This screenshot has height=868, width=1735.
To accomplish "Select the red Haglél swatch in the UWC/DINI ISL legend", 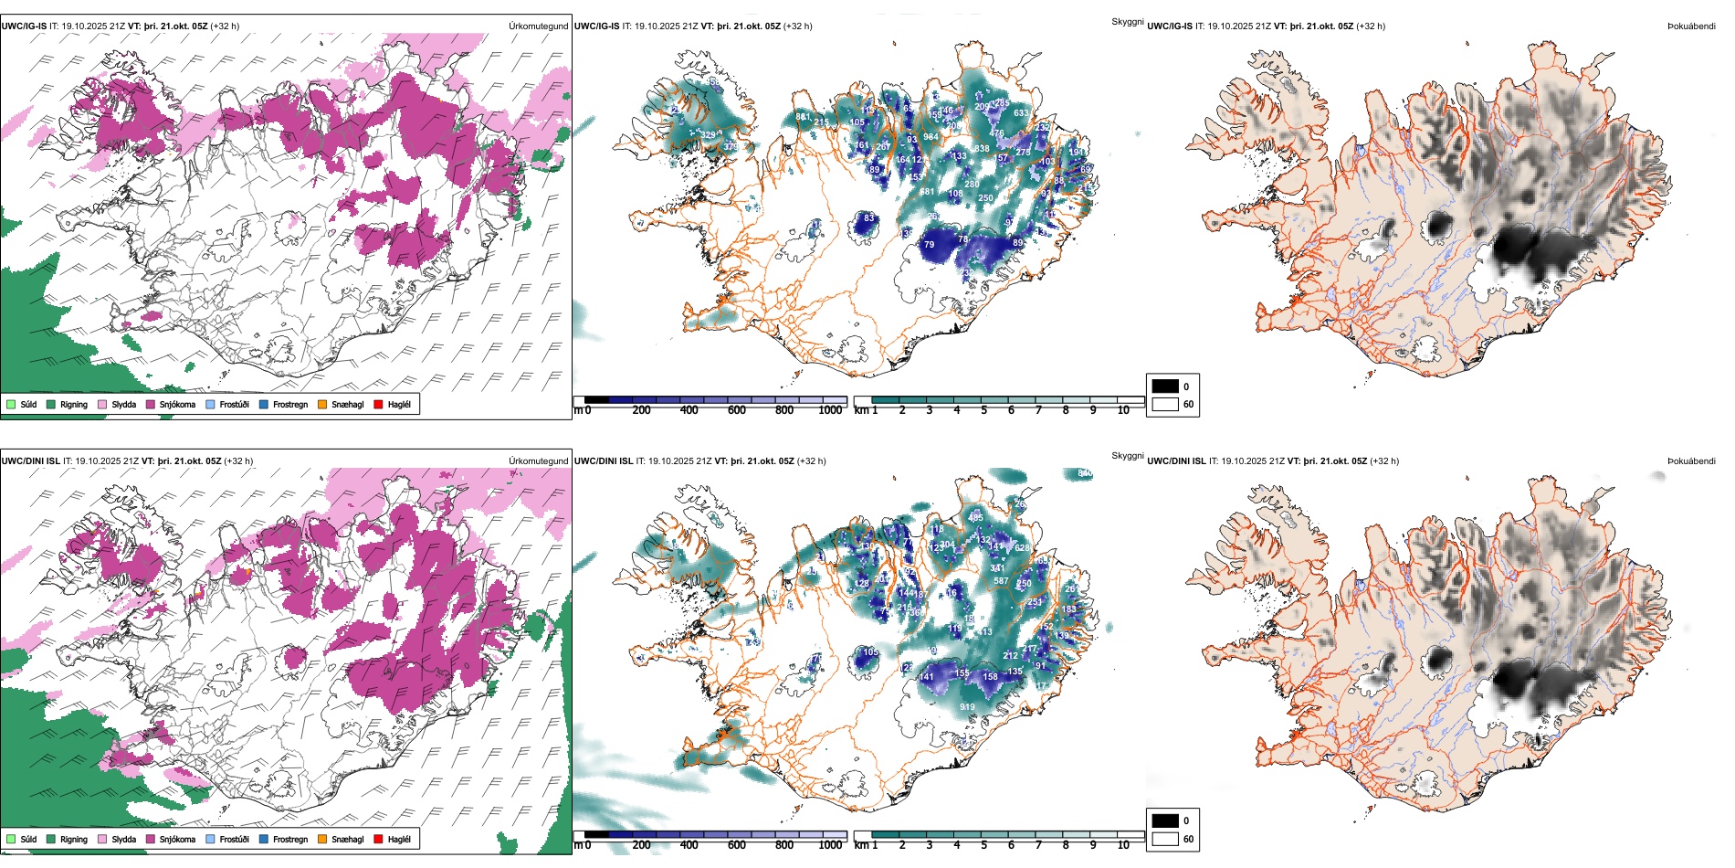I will [378, 839].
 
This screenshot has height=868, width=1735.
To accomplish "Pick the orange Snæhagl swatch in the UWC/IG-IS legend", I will [322, 405].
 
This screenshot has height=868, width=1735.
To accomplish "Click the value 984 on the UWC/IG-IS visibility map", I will [931, 137].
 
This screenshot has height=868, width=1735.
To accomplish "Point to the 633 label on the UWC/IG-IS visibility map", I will [1021, 114].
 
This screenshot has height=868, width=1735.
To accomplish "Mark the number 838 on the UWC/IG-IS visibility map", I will [982, 149].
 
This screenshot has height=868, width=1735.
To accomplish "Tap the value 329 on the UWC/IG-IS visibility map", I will [709, 135].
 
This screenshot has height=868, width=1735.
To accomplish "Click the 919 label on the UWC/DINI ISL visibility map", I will [967, 707].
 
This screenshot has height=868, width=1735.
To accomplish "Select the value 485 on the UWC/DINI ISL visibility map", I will [975, 518].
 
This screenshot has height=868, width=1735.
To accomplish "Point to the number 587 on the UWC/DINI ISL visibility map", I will [1001, 581].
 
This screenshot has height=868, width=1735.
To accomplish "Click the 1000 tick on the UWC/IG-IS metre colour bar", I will [830, 410].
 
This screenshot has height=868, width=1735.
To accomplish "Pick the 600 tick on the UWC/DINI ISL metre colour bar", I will [736, 845].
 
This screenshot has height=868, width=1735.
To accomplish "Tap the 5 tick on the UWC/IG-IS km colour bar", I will [983, 410].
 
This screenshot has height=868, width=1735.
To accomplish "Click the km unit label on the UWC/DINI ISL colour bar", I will [861, 845].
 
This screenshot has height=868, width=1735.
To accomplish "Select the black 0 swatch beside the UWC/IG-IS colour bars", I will [1165, 386].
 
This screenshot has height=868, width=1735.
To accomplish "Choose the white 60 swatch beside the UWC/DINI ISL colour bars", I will [1165, 839].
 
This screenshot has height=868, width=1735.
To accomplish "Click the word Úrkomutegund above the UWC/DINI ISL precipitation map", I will [538, 461].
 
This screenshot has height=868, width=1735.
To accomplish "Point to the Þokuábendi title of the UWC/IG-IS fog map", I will [1691, 26].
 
